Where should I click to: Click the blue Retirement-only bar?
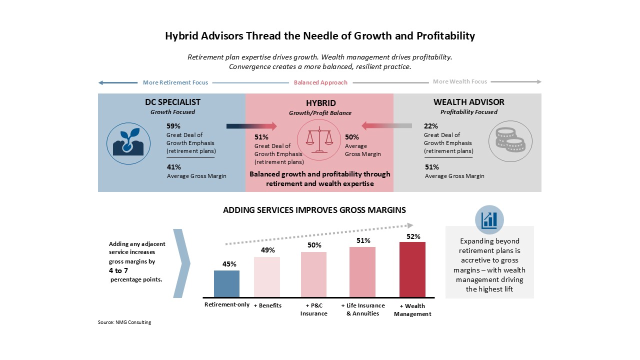pyautogui.click(x=226, y=283)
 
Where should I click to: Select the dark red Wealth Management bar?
pyautogui.click(x=412, y=269)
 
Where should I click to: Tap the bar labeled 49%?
pyautogui.click(x=267, y=277)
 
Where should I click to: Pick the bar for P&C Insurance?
pyautogui.click(x=313, y=274)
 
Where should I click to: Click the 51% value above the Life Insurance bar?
pyautogui.click(x=363, y=240)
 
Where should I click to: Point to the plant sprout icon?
pyautogui.click(x=128, y=143)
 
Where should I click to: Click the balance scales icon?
pyautogui.click(x=319, y=139)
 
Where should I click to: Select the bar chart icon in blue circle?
pyautogui.click(x=489, y=219)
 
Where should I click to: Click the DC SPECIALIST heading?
pyautogui.click(x=172, y=102)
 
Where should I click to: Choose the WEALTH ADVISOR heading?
pyautogui.click(x=469, y=102)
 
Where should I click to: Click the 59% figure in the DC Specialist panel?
pyautogui.click(x=173, y=126)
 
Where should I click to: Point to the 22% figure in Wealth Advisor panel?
pyautogui.click(x=431, y=126)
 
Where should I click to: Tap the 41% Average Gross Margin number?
pyautogui.click(x=174, y=167)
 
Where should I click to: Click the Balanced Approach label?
pyautogui.click(x=320, y=82)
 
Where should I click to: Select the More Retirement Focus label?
pyautogui.click(x=175, y=82)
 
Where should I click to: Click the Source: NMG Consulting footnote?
pyautogui.click(x=124, y=322)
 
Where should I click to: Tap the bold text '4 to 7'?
pyautogui.click(x=118, y=270)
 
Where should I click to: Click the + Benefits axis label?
pyautogui.click(x=267, y=305)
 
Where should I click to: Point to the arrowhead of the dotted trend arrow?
pyautogui.click(x=410, y=225)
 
